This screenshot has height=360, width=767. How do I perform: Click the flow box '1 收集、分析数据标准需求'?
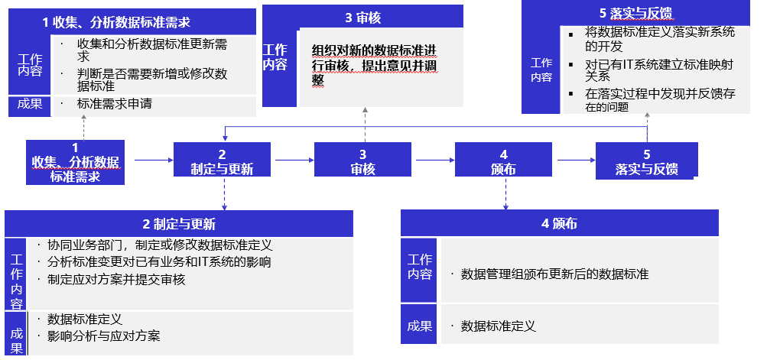click(75, 162)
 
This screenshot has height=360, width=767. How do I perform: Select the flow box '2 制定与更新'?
click(222, 162)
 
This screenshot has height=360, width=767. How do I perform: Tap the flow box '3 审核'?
click(362, 162)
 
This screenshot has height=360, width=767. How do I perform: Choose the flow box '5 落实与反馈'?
click(646, 162)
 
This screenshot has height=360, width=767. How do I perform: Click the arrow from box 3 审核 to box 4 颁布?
click(432, 161)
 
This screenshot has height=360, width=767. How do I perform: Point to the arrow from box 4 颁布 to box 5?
click(574, 161)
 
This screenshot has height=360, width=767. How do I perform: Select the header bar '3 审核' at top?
click(362, 17)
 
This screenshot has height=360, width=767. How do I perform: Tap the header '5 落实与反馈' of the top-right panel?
click(637, 12)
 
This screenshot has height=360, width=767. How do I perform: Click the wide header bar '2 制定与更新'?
click(179, 224)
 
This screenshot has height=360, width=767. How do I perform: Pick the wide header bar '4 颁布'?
click(559, 224)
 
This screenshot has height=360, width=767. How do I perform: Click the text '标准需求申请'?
click(114, 104)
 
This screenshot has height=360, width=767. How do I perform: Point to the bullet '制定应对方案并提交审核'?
click(116, 280)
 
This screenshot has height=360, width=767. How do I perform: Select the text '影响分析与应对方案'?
click(103, 336)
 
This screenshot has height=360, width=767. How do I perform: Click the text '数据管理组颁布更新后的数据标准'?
click(554, 274)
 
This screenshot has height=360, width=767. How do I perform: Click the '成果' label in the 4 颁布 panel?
click(419, 326)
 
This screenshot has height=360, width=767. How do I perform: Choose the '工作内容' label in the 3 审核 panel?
click(275, 58)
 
